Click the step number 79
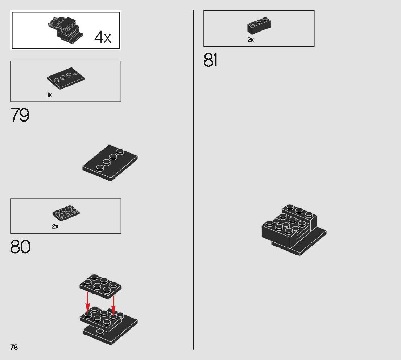pyautogui.click(x=20, y=115)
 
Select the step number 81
pyautogui.click(x=211, y=60)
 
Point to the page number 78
pyautogui.click(x=14, y=347)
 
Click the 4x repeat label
pyautogui.click(x=103, y=37)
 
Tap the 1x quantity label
pyautogui.click(x=49, y=95)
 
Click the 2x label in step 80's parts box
pyautogui.click(x=55, y=226)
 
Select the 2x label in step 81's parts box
pyautogui.click(x=251, y=40)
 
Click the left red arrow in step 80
pyautogui.click(x=87, y=302)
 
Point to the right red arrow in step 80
pyautogui.click(x=113, y=305)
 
